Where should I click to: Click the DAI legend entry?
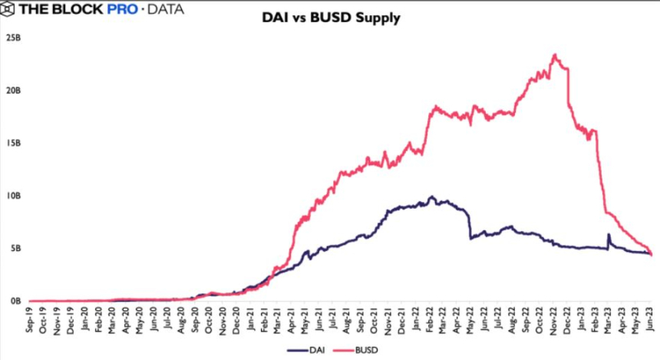coord(303,350)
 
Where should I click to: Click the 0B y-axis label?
coord(14,302)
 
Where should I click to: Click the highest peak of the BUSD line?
coord(555,54)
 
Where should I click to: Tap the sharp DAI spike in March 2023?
coord(609,235)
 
